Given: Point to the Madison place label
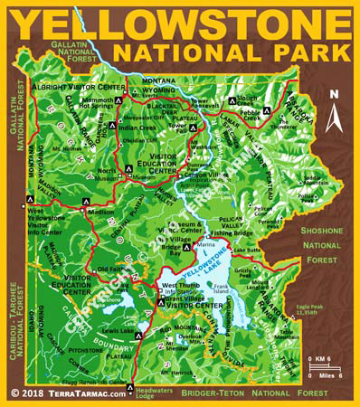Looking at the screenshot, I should click(x=100, y=213).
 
